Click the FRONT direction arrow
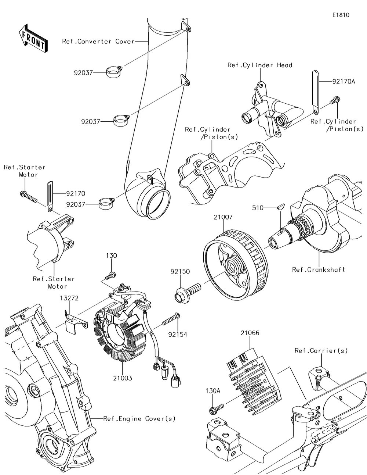pyautogui.click(x=33, y=39)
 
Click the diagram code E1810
pyautogui.click(x=341, y=15)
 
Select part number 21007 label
pyautogui.click(x=223, y=217)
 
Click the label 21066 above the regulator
pyautogui.click(x=250, y=333)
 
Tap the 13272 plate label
pyautogui.click(x=69, y=298)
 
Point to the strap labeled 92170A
pyautogui.click(x=315, y=92)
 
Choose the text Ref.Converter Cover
pyautogui.click(x=98, y=41)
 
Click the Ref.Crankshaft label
pyautogui.click(x=319, y=269)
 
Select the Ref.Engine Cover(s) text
pyautogui.click(x=139, y=419)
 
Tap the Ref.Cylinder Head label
pyautogui.click(x=259, y=65)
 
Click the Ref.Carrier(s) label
pyautogui.click(x=321, y=351)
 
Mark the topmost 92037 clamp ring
pyautogui.click(x=114, y=71)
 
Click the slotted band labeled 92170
pyautogui.click(x=50, y=197)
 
